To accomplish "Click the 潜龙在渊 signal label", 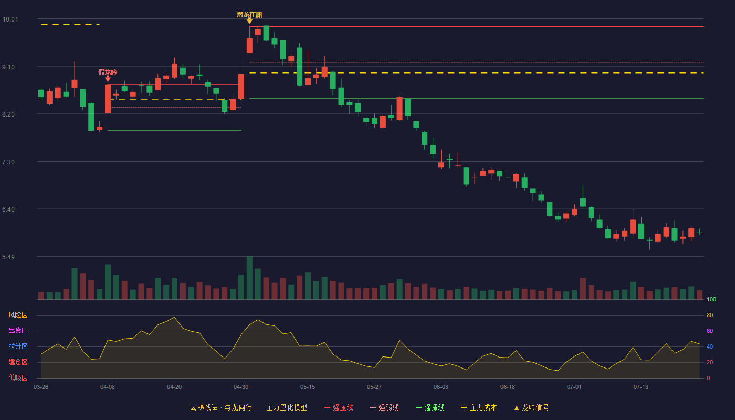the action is tap(249, 15).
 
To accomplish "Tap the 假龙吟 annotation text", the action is tap(108, 72).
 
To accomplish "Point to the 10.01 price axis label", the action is tap(10, 19).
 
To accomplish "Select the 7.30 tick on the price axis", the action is tap(8, 162).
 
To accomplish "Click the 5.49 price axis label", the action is tap(8, 257).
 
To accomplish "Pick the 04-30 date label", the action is tap(241, 387).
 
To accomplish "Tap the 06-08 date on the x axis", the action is tap(440, 387).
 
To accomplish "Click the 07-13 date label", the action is tap(641, 387).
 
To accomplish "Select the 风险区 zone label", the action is tap(18, 315).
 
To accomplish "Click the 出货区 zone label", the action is tap(18, 330).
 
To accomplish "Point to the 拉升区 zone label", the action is tap(18, 346).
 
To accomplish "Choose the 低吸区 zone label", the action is tap(18, 377).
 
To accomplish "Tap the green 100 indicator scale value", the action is tap(711, 299).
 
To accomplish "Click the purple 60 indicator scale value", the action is tap(710, 331).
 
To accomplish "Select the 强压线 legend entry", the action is tap(339, 407).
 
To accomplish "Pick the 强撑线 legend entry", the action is tap(430, 407).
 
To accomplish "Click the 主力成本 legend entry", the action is tap(479, 407).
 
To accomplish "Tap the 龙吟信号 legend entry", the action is tap(531, 407).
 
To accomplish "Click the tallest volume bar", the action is tap(249, 278).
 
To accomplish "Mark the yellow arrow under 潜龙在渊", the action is tap(249, 21).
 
